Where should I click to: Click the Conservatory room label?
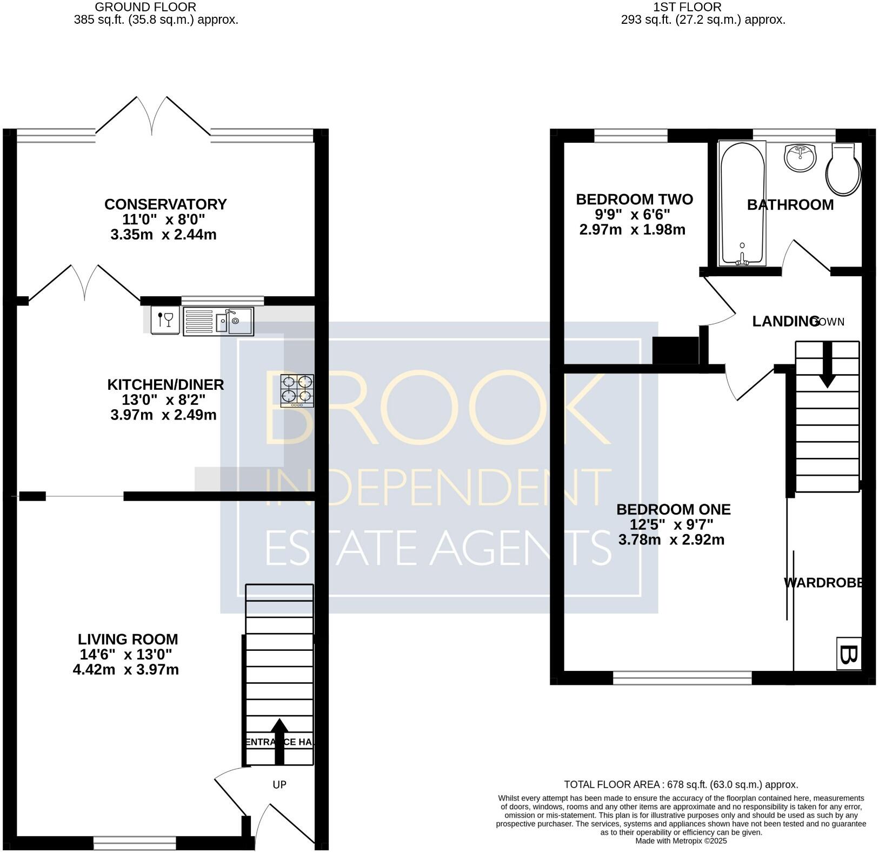pos(165,204)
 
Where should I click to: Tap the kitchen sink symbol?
pos(218,322)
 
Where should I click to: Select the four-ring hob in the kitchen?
pos(297,390)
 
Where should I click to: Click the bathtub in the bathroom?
pos(742,204)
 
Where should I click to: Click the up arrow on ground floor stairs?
pos(279,741)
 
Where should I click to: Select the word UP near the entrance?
pos(279,784)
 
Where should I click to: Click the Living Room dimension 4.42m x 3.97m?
pos(125,670)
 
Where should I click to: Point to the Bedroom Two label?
pos(634,199)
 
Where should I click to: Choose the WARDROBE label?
pos(822,583)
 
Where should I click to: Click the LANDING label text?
pos(785,322)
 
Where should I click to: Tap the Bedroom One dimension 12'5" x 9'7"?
pos(671,524)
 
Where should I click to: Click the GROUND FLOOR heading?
pos(145,7)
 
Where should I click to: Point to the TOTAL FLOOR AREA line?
pos(681,784)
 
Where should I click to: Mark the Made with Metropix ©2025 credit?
pos(681,841)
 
